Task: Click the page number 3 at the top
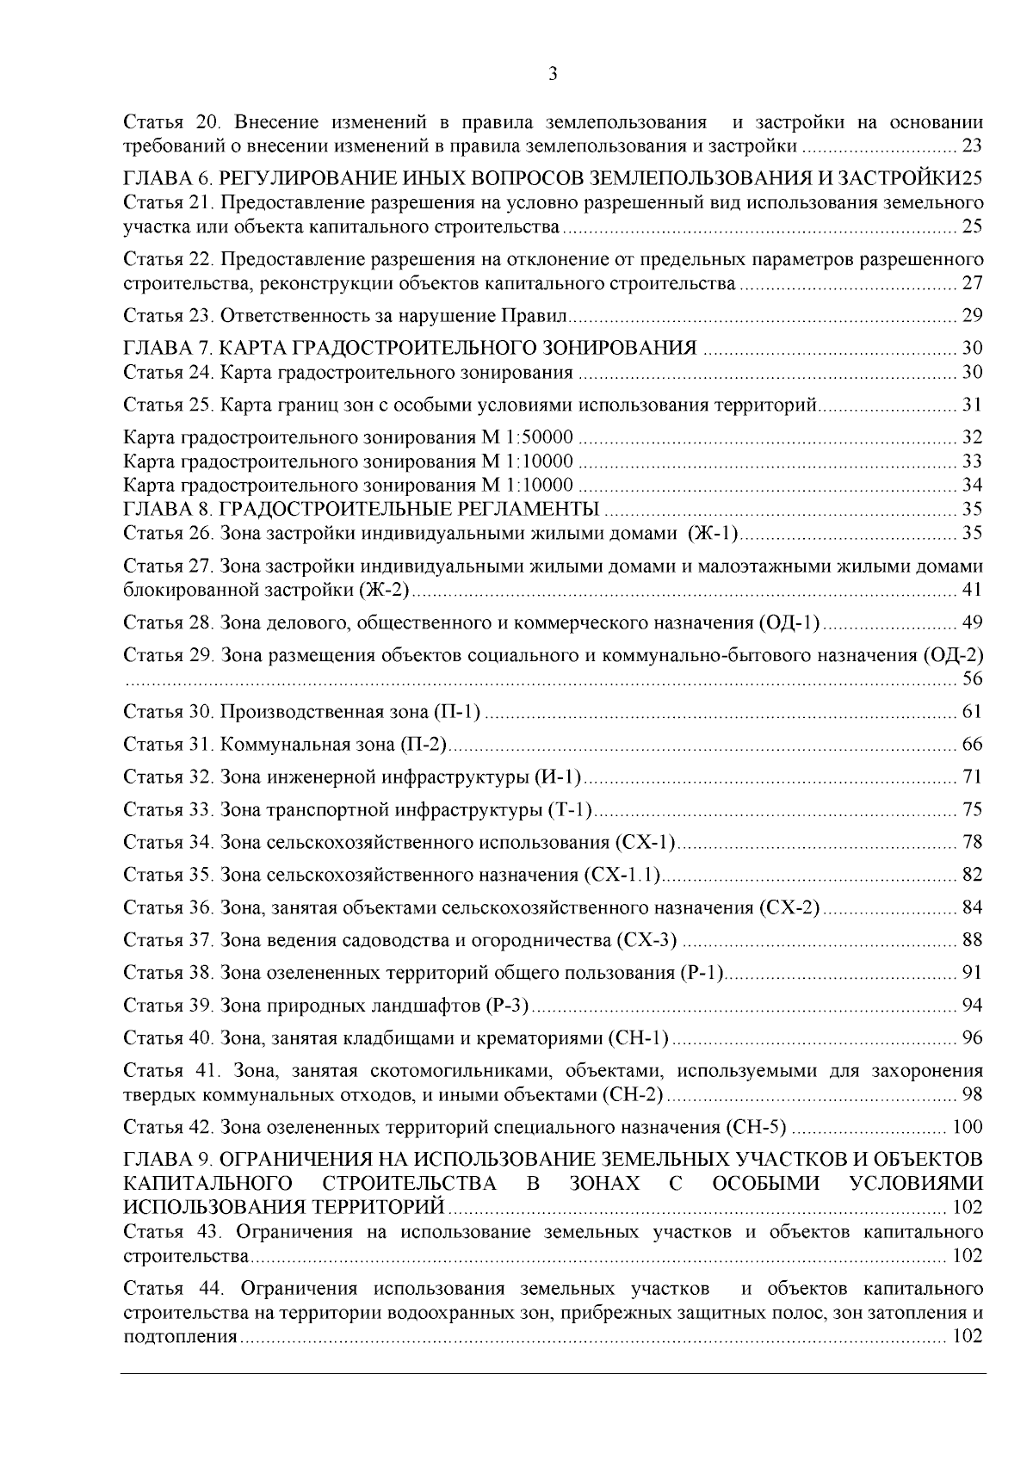point(553,74)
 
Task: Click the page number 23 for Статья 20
point(972,145)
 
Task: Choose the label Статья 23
point(168,316)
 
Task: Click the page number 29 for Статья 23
point(972,316)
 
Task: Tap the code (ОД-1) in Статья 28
point(790,622)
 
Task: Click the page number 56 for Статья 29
point(972,679)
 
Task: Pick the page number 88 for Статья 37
point(972,940)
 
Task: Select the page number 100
point(967,1127)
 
